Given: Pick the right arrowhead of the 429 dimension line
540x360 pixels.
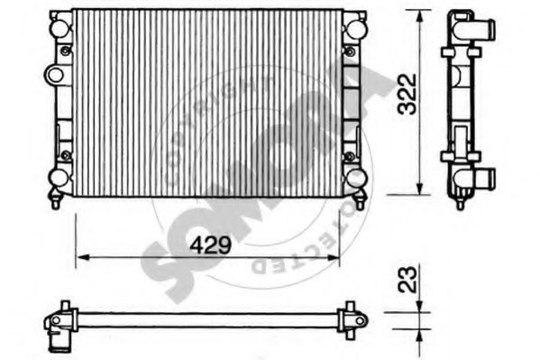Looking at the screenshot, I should point(336,258).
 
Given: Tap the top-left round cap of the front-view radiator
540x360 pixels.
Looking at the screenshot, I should point(59,27).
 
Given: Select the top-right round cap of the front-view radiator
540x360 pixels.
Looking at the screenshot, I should point(354,27).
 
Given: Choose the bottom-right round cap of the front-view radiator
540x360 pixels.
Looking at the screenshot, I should point(354,176).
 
